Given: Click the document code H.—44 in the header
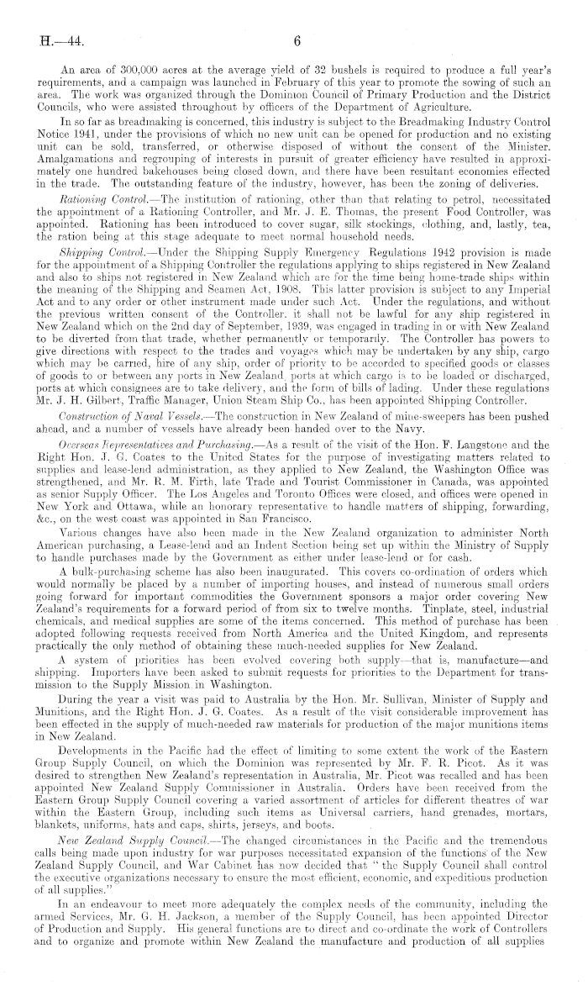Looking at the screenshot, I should pyautogui.click(x=48, y=40).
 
